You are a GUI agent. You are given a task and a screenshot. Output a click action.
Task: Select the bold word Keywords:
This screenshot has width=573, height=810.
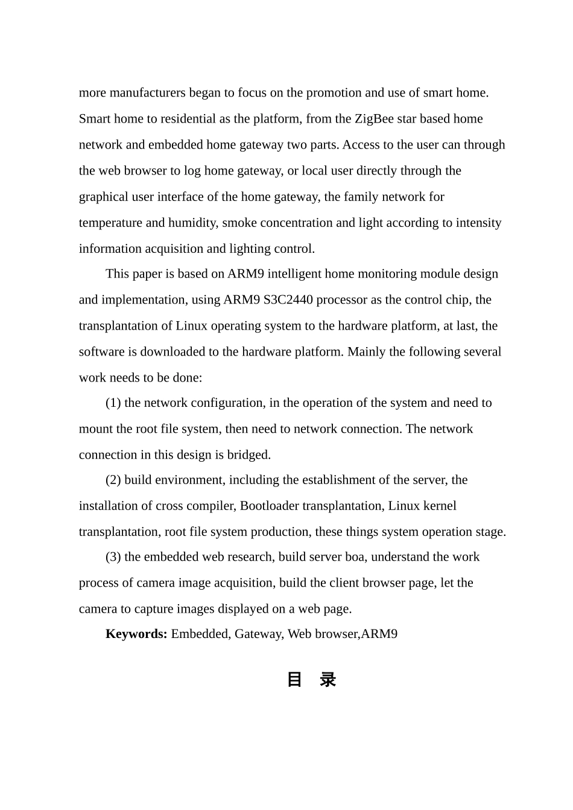(x=136, y=634)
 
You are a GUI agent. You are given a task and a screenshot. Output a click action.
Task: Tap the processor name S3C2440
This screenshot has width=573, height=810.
(x=288, y=300)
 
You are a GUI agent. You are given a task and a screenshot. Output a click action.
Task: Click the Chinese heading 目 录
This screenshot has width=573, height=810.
(x=311, y=680)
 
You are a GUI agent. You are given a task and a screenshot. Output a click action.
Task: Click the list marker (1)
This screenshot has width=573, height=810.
(x=113, y=403)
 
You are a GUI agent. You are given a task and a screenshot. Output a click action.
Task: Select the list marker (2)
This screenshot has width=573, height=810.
(x=113, y=480)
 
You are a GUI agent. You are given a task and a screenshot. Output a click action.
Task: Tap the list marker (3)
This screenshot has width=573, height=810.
(x=113, y=556)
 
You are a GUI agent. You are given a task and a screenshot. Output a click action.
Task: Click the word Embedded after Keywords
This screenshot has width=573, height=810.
(x=200, y=634)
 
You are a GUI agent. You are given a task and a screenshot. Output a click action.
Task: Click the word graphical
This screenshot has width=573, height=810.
(x=103, y=197)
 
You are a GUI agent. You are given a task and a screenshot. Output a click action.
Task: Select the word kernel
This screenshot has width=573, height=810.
(x=440, y=506)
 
